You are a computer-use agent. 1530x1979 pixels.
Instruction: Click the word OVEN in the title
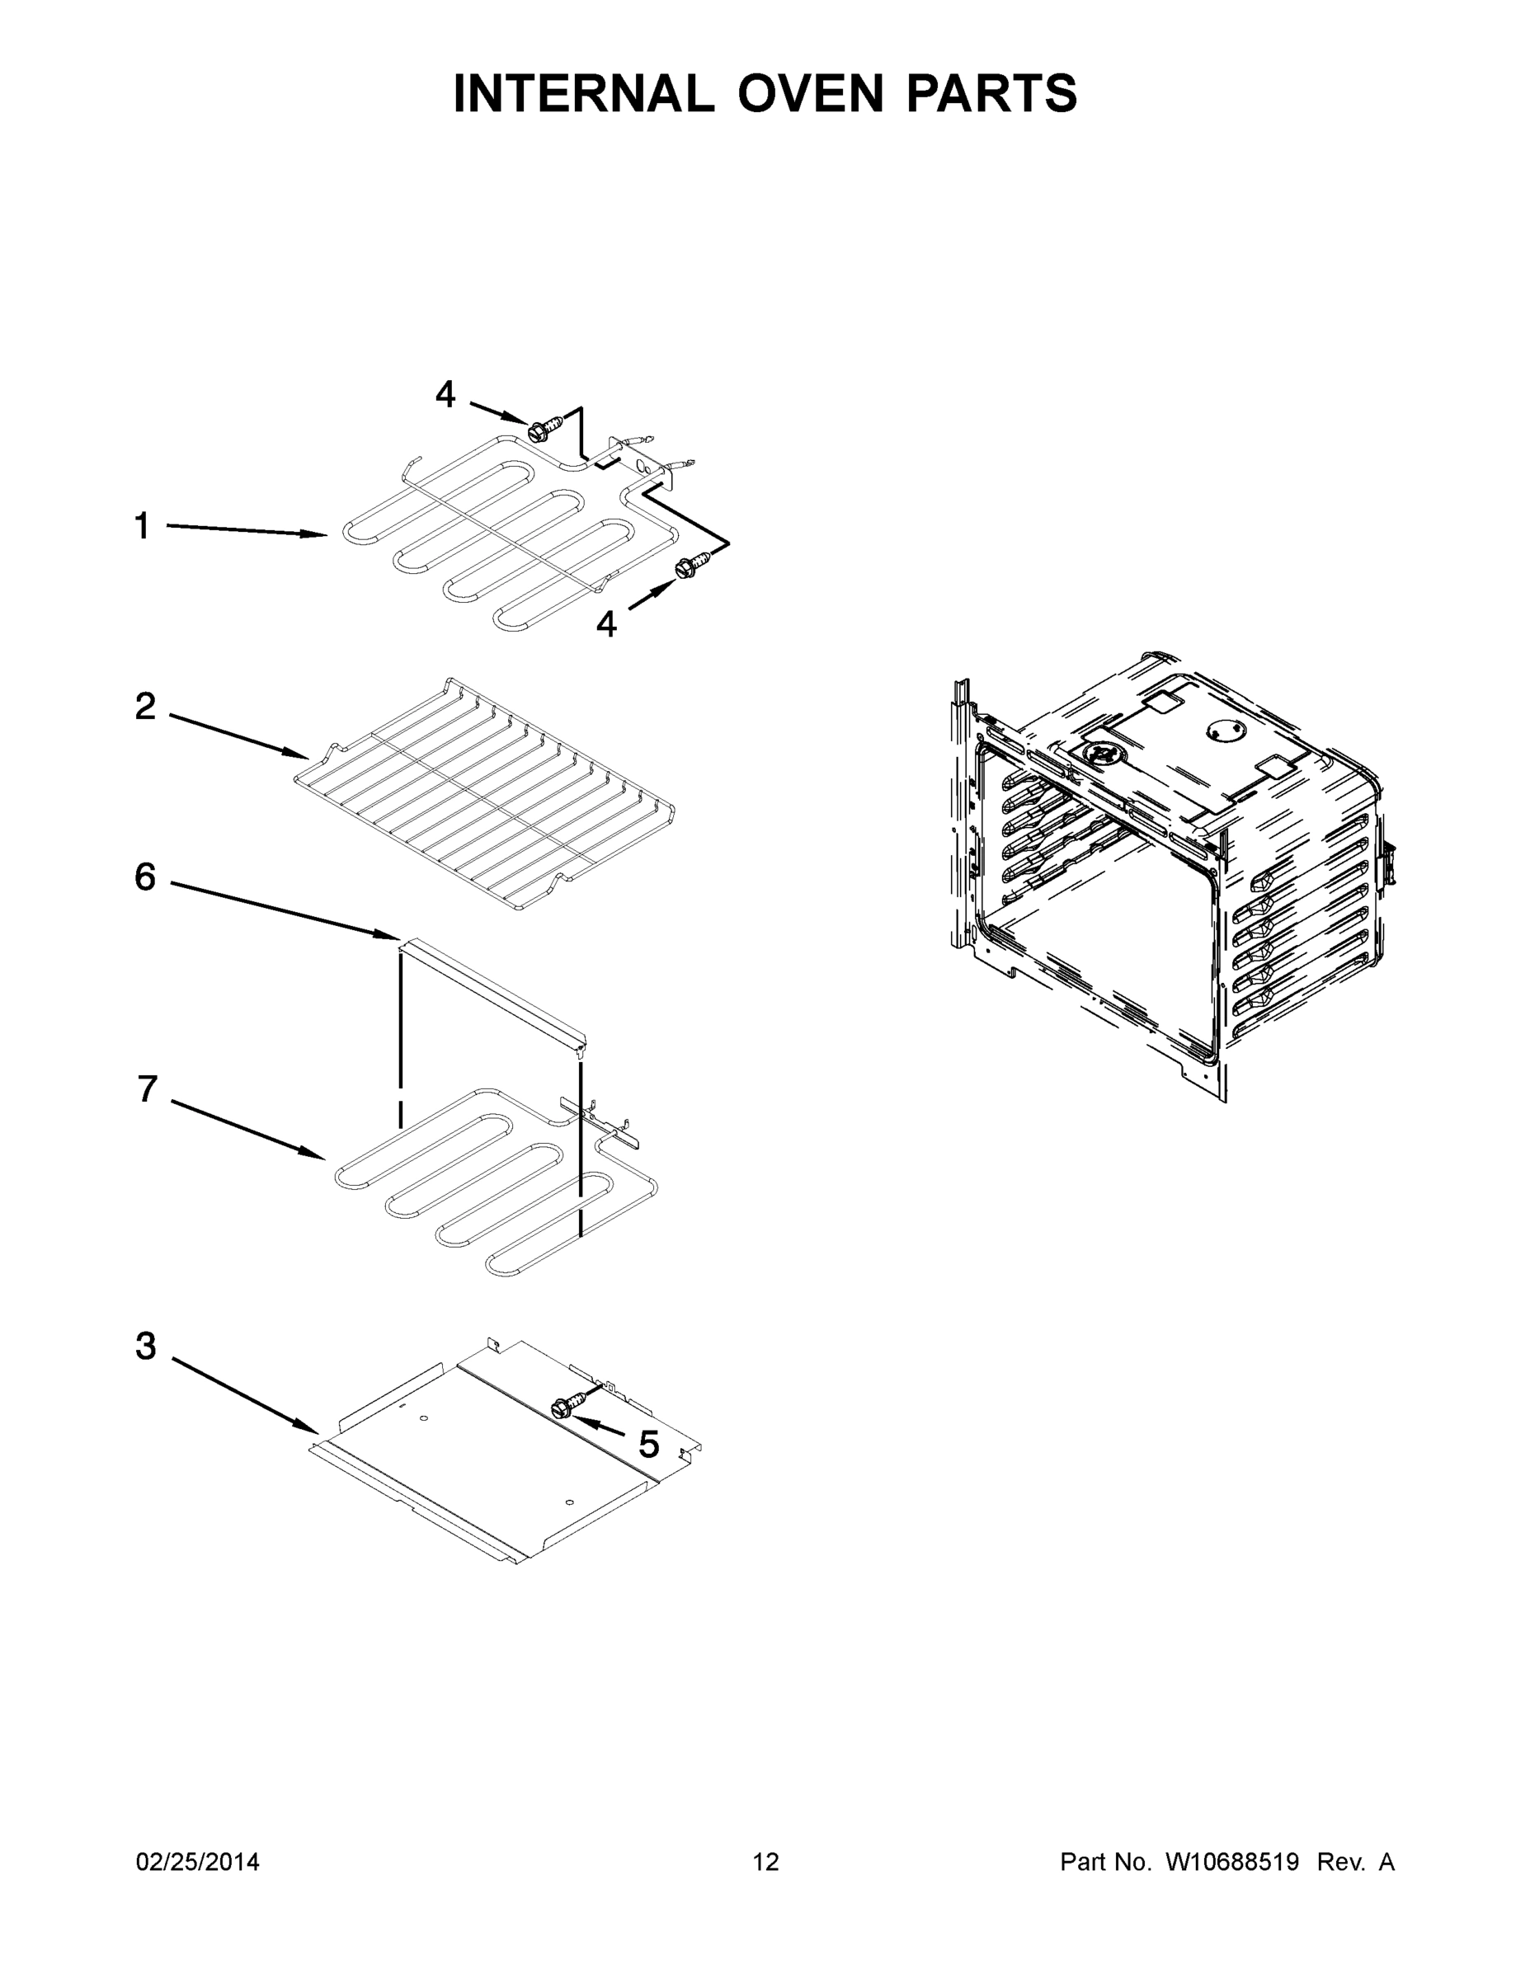point(809,93)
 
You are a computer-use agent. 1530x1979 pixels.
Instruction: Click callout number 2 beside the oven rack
point(145,706)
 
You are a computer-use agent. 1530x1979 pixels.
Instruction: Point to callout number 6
point(145,877)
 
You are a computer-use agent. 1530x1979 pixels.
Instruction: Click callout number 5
point(649,1445)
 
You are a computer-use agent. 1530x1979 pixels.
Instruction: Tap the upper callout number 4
point(445,394)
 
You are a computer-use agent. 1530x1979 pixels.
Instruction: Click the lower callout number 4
point(606,623)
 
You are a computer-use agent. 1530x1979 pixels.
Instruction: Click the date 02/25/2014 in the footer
point(198,1862)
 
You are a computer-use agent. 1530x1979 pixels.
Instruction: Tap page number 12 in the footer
point(766,1862)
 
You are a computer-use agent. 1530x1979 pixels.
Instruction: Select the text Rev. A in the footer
point(1355,1862)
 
